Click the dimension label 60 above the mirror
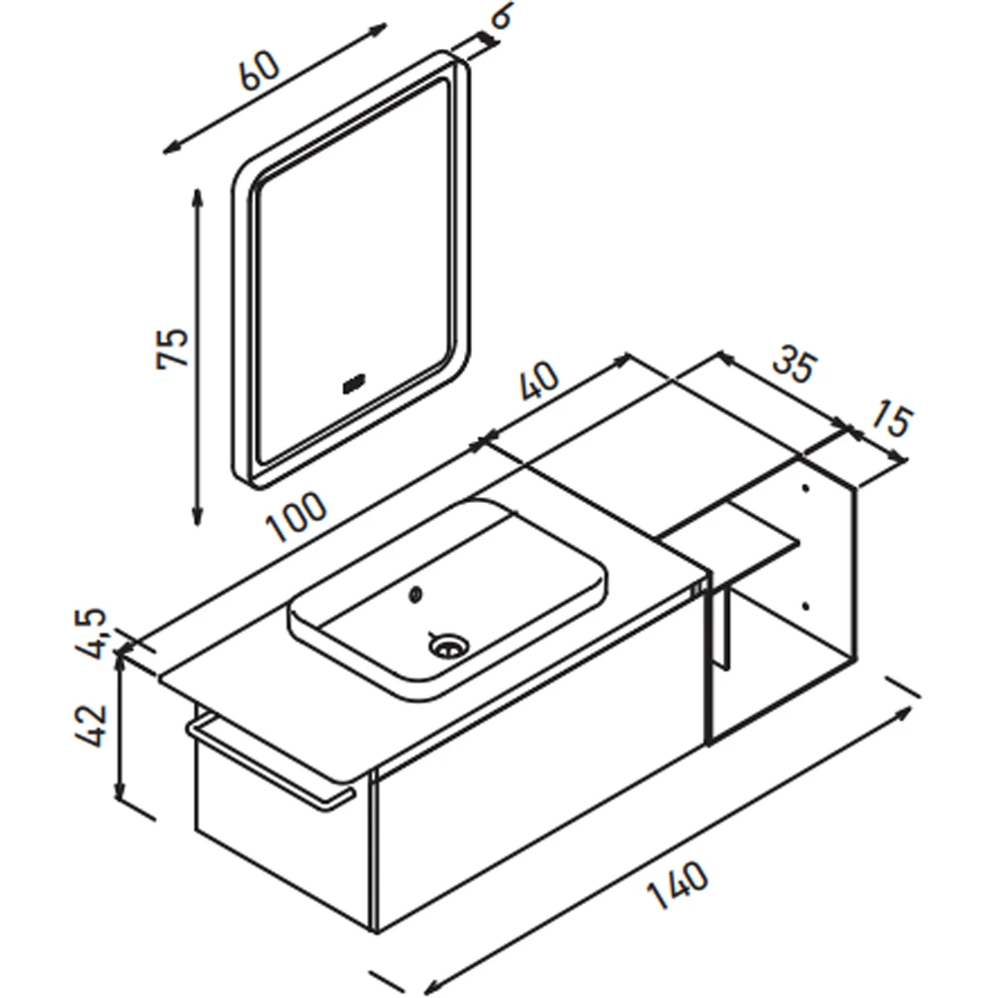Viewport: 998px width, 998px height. [x=259, y=70]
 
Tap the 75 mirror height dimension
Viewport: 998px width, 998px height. [x=173, y=347]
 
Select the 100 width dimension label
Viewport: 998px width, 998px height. [x=296, y=517]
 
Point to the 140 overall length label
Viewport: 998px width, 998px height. [x=678, y=885]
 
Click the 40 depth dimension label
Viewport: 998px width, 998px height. [x=539, y=381]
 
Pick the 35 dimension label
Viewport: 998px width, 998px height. [x=793, y=366]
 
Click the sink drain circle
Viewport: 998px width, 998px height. [x=449, y=646]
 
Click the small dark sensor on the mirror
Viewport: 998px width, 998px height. [x=353, y=385]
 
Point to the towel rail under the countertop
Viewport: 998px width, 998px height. [x=270, y=761]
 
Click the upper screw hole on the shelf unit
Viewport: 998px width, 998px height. [x=805, y=489]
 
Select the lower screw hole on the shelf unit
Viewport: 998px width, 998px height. [x=805, y=607]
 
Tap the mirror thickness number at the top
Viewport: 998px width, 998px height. [x=503, y=16]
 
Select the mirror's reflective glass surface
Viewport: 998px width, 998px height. [x=353, y=267]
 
